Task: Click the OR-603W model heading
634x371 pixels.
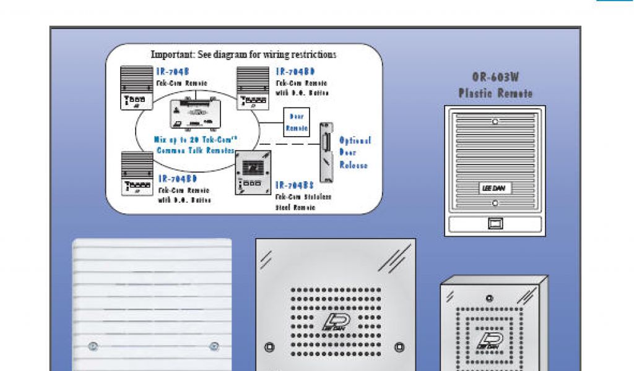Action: [x=495, y=77]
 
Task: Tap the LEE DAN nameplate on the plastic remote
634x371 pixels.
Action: [x=494, y=188]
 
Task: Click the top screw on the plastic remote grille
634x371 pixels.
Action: [x=495, y=121]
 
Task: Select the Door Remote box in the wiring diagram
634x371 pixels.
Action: [x=296, y=122]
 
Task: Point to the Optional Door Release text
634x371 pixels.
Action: [x=354, y=153]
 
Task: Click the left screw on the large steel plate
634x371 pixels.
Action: [x=268, y=346]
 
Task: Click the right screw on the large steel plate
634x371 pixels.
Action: [x=399, y=346]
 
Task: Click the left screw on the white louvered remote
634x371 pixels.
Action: [x=93, y=346]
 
